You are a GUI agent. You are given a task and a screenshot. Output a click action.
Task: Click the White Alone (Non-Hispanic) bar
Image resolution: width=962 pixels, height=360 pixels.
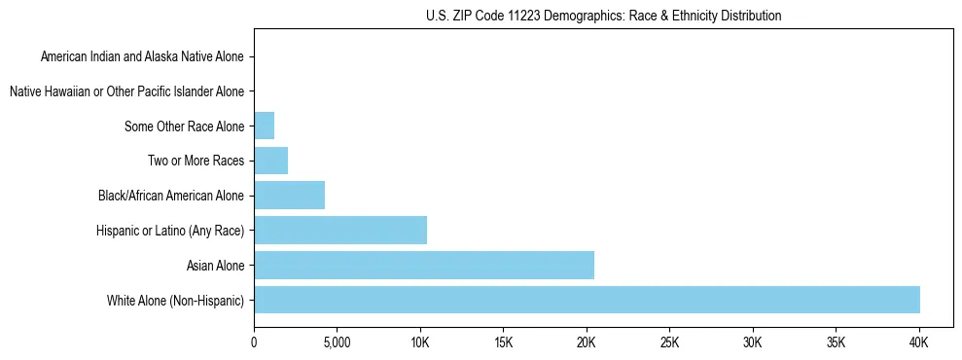click(587, 300)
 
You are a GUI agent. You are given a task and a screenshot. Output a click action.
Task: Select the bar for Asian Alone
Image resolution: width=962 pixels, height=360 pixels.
click(423, 265)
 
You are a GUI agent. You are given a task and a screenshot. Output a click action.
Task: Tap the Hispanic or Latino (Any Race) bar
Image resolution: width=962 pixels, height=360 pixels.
click(339, 230)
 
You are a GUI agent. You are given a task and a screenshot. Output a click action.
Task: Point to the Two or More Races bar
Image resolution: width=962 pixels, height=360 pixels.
click(270, 161)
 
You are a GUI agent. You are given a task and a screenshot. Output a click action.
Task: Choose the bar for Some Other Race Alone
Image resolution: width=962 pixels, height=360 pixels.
click(264, 126)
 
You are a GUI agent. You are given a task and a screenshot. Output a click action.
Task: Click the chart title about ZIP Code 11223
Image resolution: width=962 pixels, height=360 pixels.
click(603, 16)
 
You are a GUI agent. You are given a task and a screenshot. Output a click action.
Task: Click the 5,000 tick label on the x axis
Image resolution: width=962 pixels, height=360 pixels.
click(337, 343)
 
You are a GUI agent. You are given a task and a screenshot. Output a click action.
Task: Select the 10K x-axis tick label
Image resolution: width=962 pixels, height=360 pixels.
click(420, 343)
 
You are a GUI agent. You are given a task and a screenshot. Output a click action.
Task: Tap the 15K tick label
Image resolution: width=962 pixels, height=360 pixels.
click(503, 343)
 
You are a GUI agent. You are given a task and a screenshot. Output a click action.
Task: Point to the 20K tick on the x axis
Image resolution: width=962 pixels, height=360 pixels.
click(587, 343)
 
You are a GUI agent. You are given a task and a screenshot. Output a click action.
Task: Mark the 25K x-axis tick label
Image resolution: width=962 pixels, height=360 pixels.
click(669, 343)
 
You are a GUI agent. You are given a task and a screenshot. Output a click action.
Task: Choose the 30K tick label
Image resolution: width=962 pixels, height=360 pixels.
click(753, 343)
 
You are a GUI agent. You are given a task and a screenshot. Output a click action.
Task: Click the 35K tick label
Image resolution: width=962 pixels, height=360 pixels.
click(836, 343)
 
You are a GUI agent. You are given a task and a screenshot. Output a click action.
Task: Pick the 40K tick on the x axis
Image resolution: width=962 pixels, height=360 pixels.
click(919, 343)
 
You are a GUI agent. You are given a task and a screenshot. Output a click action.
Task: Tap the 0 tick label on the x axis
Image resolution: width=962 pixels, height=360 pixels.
click(254, 343)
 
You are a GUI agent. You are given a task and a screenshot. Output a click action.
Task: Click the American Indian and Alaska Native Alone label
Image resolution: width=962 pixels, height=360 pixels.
click(143, 56)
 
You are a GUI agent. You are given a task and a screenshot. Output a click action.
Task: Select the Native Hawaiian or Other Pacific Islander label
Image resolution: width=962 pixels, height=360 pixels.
click(126, 91)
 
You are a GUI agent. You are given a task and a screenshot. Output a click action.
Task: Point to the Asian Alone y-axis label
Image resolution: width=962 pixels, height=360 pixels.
click(215, 266)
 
